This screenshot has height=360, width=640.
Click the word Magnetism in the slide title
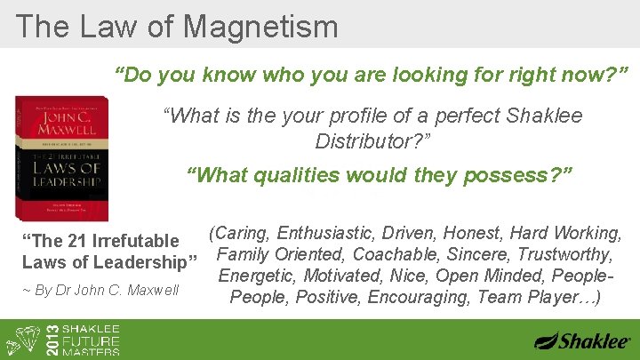click(260, 26)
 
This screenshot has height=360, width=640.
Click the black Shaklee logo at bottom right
click(582, 340)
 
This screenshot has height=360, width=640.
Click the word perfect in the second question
click(475, 116)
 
